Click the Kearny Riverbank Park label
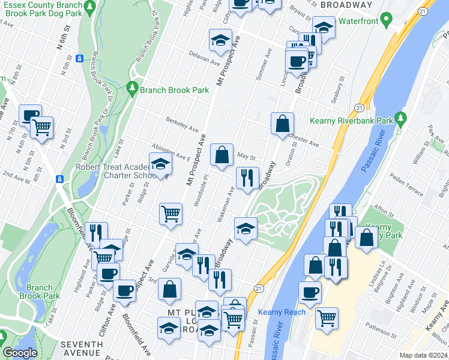351,121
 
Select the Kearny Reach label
282,312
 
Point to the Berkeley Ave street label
182,127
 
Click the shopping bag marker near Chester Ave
282,124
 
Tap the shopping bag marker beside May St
222,155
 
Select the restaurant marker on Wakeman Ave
247,178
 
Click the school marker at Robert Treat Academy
161,164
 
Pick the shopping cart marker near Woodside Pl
171,213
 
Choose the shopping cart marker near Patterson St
327,317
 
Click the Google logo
20,353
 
